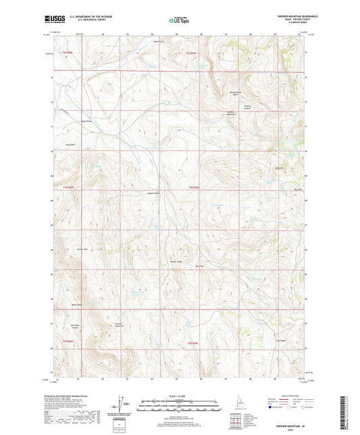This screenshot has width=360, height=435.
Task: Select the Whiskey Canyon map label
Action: (x=251, y=107)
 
